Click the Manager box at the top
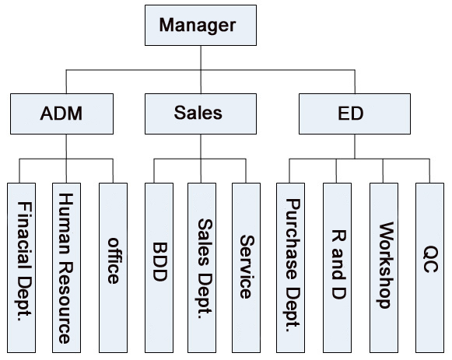point(201,25)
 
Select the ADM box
point(61,114)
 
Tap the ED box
point(355,114)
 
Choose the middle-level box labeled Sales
point(201,114)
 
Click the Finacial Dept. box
point(21,267)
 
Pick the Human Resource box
point(66,267)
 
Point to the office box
point(113,267)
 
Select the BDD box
point(159,267)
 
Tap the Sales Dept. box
point(201,267)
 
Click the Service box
point(246,267)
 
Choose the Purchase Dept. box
point(291,267)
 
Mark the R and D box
point(338,267)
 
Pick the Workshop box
point(384,267)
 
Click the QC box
point(429,267)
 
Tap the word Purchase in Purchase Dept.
point(293,239)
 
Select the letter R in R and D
point(338,236)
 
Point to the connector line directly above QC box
point(429,171)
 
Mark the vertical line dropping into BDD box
point(154,171)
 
